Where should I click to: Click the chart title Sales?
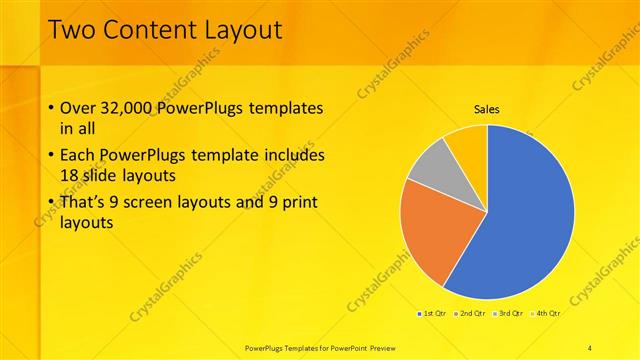(486, 110)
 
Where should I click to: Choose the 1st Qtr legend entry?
(432, 314)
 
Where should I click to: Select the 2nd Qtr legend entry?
(470, 314)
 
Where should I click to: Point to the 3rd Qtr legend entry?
(508, 314)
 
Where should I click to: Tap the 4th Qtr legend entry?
(546, 314)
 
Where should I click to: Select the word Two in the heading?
(71, 30)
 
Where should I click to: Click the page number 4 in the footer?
(591, 346)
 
